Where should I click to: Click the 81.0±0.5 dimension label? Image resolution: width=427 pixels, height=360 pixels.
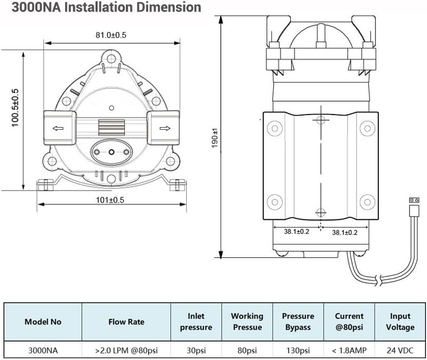[x=111, y=35]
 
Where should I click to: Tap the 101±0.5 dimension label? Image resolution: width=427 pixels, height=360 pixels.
[x=110, y=200]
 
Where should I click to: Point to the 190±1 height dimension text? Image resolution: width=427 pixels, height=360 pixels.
[x=215, y=138]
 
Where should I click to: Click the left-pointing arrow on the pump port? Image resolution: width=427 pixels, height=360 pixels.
[x=57, y=129]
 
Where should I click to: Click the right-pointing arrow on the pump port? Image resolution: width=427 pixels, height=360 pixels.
[x=165, y=129]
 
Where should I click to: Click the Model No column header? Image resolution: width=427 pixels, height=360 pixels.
[x=43, y=321]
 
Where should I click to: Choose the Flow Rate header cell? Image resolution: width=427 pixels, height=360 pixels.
[x=126, y=321]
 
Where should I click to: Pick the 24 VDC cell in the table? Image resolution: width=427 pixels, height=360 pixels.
[x=401, y=350]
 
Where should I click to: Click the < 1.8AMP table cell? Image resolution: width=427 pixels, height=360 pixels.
[x=349, y=350]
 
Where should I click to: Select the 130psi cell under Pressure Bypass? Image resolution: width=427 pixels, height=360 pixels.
[x=297, y=350]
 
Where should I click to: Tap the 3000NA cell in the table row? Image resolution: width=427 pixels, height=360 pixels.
[x=43, y=350]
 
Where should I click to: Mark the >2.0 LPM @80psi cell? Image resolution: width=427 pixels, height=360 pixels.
[x=126, y=350]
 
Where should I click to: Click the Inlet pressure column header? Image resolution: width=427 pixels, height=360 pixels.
[x=196, y=321]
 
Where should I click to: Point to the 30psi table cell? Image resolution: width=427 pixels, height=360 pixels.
[x=196, y=350]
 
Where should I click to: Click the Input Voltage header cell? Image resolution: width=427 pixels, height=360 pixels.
[x=401, y=321]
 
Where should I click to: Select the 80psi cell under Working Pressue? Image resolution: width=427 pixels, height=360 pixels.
[x=247, y=350]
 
